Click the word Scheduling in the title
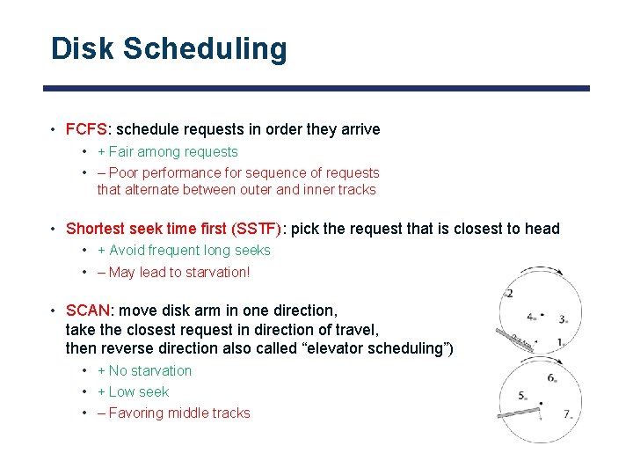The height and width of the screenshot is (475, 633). pos(205,50)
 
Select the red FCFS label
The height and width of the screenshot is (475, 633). pos(85,129)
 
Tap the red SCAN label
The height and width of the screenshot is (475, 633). pos(88,311)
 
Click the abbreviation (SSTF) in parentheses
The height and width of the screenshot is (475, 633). pos(256,229)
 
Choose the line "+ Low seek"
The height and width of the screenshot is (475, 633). pos(133,391)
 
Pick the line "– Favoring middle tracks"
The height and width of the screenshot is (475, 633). pos(173,413)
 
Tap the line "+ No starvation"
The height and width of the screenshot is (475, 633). pos(144,370)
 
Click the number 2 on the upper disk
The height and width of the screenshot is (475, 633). pos(509,293)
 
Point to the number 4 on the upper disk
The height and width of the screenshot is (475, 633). pos(530,316)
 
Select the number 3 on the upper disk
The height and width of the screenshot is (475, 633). pos(562,320)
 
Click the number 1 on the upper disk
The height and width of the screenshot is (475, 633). pos(560,341)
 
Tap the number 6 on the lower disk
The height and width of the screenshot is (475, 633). pos(550,378)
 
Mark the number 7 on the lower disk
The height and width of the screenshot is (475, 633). pos(567,413)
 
